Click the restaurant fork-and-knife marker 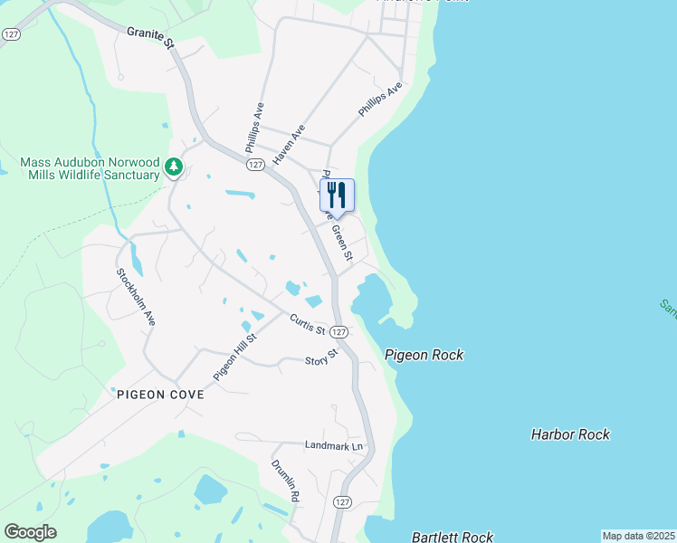[337, 195]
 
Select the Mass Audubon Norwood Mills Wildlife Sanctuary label [90, 168]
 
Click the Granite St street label [150, 37]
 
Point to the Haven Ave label [289, 145]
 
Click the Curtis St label [307, 324]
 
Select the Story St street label [320, 356]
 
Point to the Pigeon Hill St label [235, 356]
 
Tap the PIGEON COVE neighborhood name [160, 395]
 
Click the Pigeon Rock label [424, 355]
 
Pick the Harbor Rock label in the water [570, 434]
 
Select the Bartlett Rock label [453, 537]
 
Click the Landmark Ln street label [333, 446]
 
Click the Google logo [30, 532]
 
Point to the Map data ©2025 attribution [638, 536]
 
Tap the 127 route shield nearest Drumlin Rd [341, 501]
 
